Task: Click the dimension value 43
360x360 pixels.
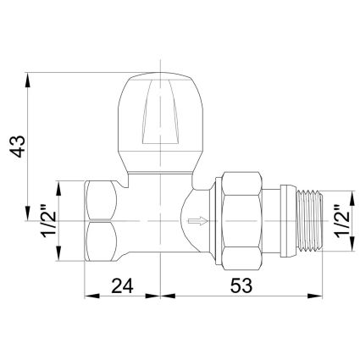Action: click(18, 147)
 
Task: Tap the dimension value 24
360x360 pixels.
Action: click(122, 285)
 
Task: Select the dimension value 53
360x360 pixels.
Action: click(241, 285)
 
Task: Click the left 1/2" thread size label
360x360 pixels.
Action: click(49, 221)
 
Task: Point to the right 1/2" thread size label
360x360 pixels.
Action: click(342, 221)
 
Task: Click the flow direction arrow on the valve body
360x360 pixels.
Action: click(198, 221)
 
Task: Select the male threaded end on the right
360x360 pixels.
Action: click(311, 221)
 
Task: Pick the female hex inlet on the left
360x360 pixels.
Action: click(101, 221)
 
